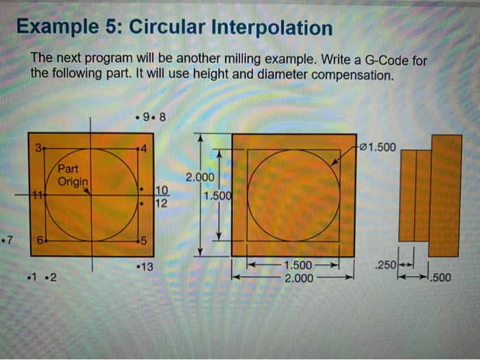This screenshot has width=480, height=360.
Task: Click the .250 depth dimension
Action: (x=385, y=265)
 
